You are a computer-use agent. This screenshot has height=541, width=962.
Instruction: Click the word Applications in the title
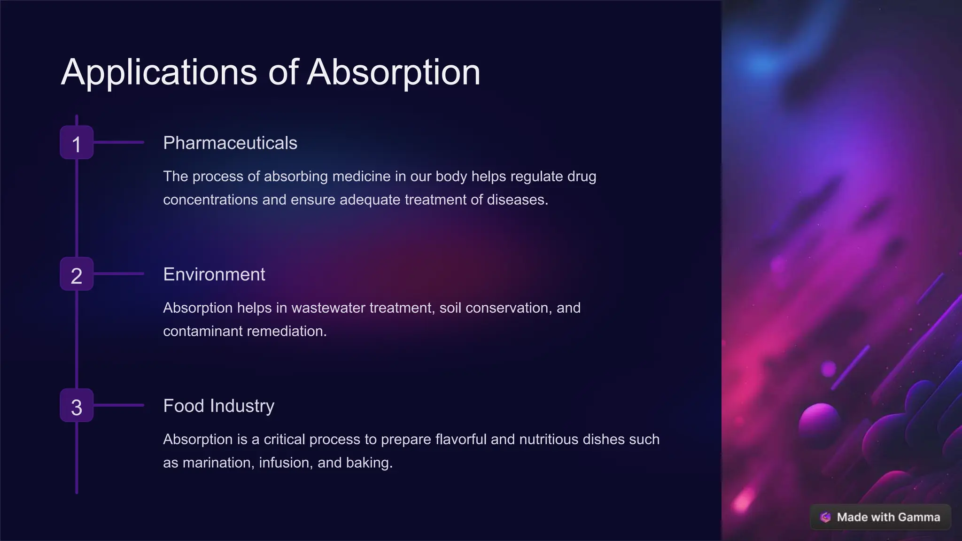pyautogui.click(x=159, y=72)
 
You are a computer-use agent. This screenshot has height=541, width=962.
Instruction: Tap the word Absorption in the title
pyautogui.click(x=394, y=72)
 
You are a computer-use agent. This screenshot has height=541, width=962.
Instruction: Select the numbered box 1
pyautogui.click(x=77, y=143)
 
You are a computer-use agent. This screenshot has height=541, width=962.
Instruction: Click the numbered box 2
pyautogui.click(x=77, y=274)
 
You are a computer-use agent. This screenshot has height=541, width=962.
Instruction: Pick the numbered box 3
pyautogui.click(x=77, y=406)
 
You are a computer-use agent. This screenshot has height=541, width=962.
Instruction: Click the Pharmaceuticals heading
pyautogui.click(x=230, y=143)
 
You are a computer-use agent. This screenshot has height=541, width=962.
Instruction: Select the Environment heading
pyautogui.click(x=214, y=274)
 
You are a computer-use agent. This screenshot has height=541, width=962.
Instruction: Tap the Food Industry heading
pyautogui.click(x=218, y=406)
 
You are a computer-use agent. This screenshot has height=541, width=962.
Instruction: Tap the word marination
pyautogui.click(x=218, y=463)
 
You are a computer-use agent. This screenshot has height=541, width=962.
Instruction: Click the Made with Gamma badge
pyautogui.click(x=880, y=517)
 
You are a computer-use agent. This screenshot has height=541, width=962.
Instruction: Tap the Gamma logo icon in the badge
pyautogui.click(x=825, y=517)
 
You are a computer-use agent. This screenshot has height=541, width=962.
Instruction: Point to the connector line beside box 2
pyautogui.click(x=119, y=274)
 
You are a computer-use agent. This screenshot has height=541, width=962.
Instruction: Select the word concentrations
pyautogui.click(x=210, y=200)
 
